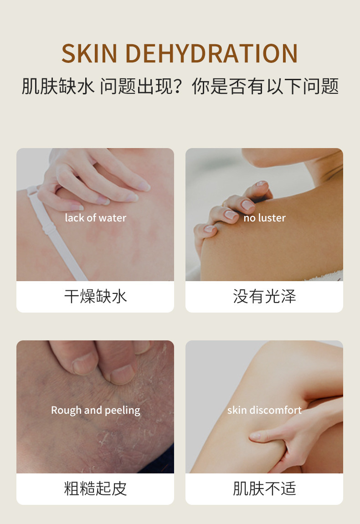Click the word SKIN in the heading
click(90, 54)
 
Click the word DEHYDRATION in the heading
click(211, 54)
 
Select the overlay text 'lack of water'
click(95, 218)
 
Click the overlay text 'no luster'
click(264, 218)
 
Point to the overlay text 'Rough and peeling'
click(95, 410)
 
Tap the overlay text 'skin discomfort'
click(264, 410)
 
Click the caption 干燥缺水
click(95, 297)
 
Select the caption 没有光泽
click(264, 297)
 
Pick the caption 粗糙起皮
click(95, 489)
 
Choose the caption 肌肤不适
click(264, 489)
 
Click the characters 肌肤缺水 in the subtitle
click(58, 86)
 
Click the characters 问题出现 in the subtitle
click(136, 86)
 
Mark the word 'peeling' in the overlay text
click(122, 411)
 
